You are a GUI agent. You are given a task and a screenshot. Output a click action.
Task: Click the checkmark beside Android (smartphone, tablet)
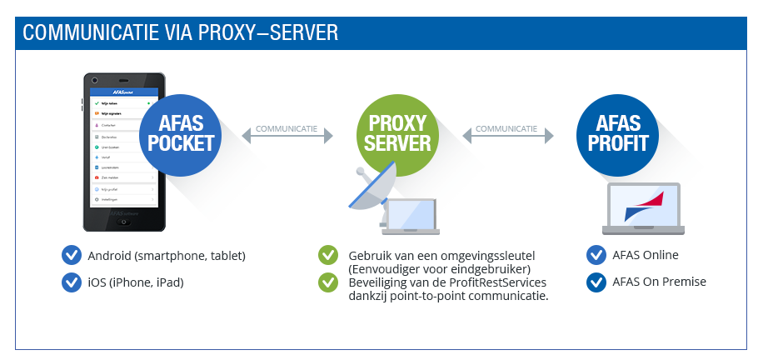72,255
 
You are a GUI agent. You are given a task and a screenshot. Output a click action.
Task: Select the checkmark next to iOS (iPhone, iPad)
72,282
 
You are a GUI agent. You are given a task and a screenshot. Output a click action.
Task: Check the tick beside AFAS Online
596,255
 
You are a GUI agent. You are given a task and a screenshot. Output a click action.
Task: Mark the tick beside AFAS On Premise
596,282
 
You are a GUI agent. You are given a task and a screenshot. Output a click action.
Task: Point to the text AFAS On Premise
659,282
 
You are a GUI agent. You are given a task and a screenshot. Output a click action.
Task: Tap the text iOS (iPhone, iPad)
135,282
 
